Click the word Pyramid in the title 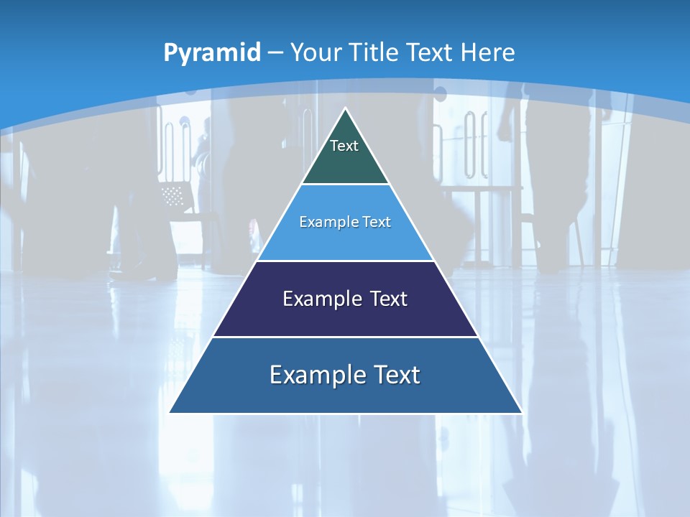tap(212, 53)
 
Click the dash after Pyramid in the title tap(275, 53)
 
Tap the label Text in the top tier tap(344, 146)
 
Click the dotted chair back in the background tap(173, 195)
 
